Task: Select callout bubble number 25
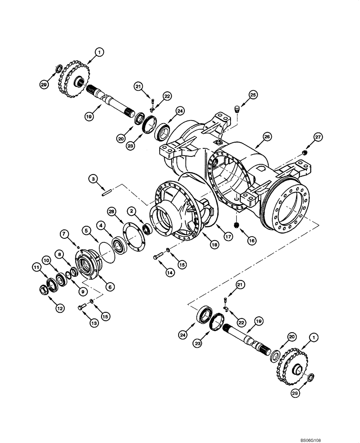click(x=252, y=95)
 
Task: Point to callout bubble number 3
click(x=92, y=178)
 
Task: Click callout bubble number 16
click(x=251, y=241)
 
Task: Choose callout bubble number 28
click(x=110, y=213)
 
